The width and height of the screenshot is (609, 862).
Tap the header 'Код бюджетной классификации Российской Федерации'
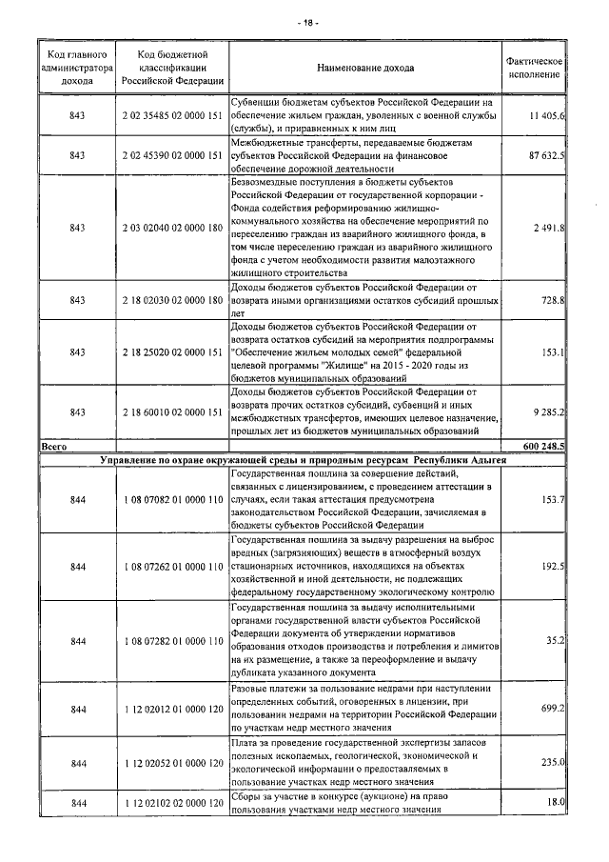click(x=172, y=68)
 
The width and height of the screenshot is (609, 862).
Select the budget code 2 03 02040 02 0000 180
click(x=172, y=228)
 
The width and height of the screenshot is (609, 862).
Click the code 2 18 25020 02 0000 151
click(x=172, y=352)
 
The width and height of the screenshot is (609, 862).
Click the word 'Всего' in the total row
click(x=53, y=445)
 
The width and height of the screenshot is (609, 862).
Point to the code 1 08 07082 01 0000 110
click(x=172, y=500)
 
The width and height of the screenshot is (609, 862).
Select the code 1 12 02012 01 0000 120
click(x=172, y=709)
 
